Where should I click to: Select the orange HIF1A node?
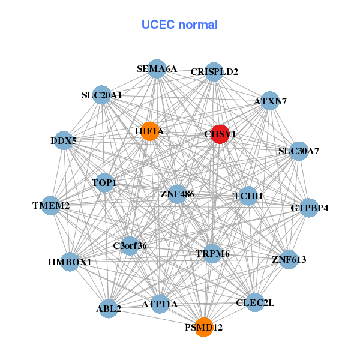149,131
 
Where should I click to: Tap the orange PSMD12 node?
204,327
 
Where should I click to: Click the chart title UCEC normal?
179,25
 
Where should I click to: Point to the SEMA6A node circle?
157,68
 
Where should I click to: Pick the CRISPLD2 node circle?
214,71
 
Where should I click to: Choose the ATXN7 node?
270,101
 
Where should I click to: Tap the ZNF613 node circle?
289,260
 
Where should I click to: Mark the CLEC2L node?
256,303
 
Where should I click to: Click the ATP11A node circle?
160,304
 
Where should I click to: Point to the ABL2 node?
109,309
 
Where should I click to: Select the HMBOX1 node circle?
70,262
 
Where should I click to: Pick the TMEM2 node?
52,206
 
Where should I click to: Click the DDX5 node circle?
64,142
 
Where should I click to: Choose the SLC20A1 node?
102,95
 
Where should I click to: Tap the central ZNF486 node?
177,194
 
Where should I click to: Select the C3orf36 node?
130,245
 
